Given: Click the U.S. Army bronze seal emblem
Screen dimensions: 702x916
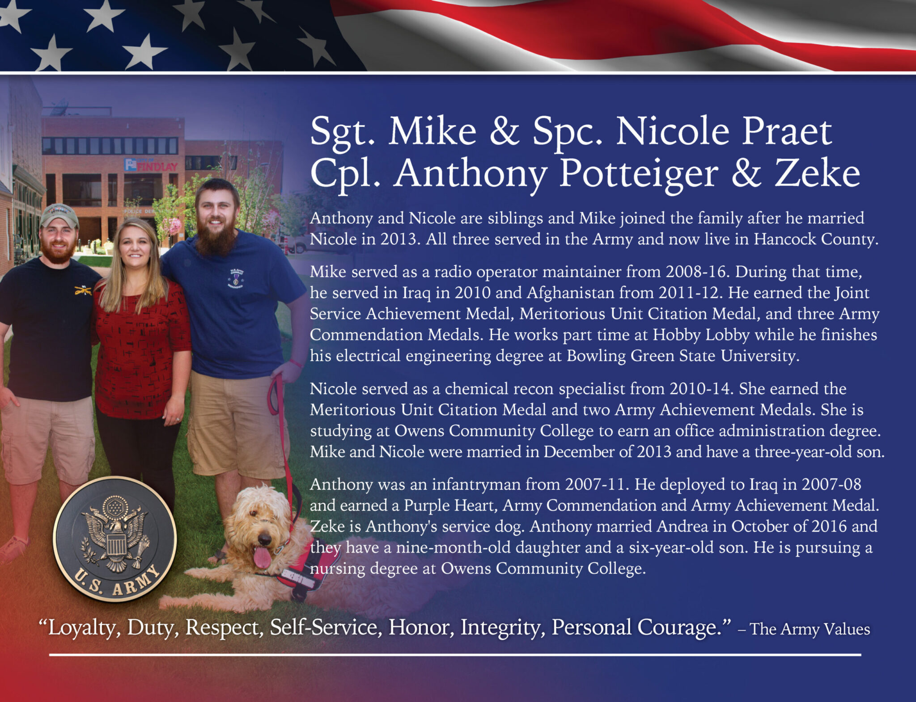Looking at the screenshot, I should pyautogui.click(x=115, y=538).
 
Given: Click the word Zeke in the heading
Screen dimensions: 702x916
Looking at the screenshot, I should pyautogui.click(x=817, y=173).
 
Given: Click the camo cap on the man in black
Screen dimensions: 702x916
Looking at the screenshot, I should pyautogui.click(x=59, y=214).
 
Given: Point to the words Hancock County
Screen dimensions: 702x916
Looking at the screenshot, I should pyautogui.click(x=816, y=239).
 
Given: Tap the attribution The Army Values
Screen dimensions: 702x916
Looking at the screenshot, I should pyautogui.click(x=810, y=629).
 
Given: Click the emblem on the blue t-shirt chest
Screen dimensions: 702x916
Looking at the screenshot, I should pyautogui.click(x=236, y=278).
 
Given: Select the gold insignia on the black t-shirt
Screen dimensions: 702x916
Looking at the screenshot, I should pyautogui.click(x=83, y=291).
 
